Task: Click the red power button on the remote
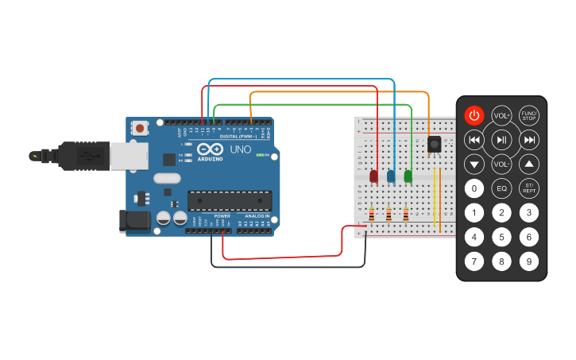(x=474, y=116)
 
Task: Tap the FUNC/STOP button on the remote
(x=529, y=116)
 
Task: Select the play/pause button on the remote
(x=501, y=141)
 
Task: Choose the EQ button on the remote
(x=501, y=189)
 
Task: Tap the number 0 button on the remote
(x=474, y=189)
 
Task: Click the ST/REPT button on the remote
(x=529, y=189)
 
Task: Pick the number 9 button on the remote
(x=529, y=260)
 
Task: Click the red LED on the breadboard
(x=374, y=176)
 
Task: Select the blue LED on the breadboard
(x=391, y=176)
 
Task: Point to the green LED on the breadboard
(x=408, y=176)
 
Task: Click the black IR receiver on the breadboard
(x=435, y=145)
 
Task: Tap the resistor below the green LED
(x=406, y=214)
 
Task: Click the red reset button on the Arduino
(x=141, y=127)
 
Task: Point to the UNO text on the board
(x=240, y=149)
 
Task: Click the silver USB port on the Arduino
(x=128, y=157)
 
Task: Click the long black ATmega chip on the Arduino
(x=230, y=201)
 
